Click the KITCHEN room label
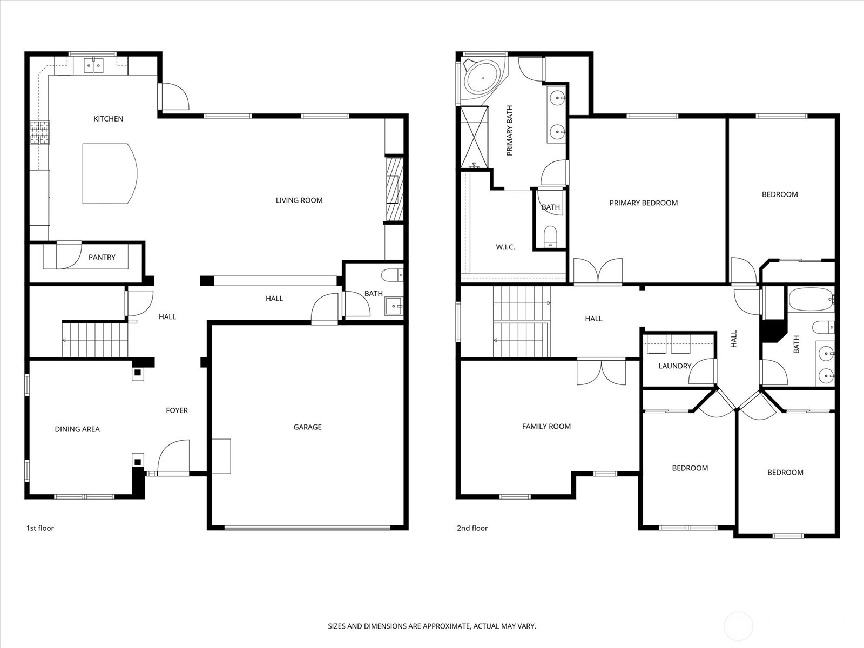point(108,119)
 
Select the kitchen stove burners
point(39,133)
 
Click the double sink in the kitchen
point(93,66)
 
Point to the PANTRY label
point(102,258)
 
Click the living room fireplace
point(395,190)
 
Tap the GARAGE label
point(307,427)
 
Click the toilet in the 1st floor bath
point(393,275)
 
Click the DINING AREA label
point(77,429)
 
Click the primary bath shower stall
point(474,137)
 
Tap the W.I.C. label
point(505,247)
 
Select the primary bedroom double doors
point(598,271)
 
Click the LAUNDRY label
point(674,366)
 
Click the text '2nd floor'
point(472,528)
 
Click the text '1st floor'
point(40,528)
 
